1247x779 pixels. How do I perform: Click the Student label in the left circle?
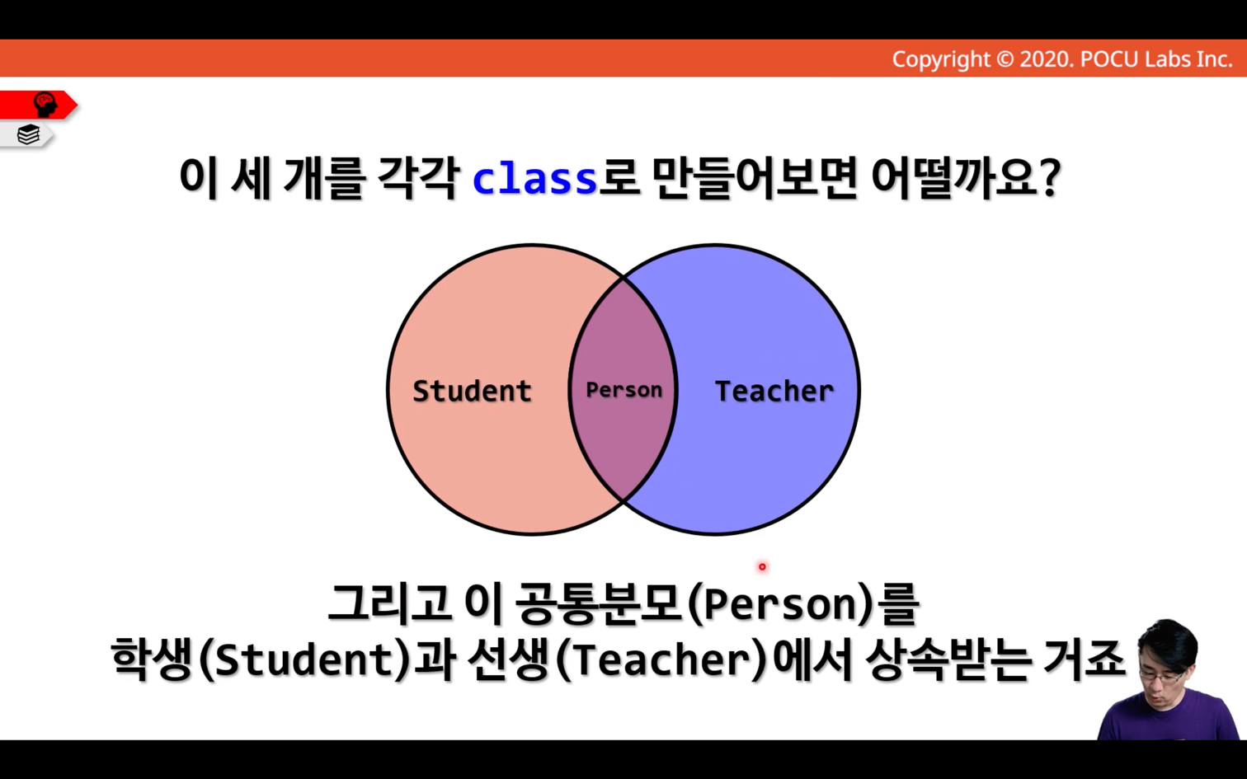point(472,391)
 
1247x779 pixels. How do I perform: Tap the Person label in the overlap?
point(624,389)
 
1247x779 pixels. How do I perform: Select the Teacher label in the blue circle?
point(774,391)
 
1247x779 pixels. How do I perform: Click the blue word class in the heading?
point(535,178)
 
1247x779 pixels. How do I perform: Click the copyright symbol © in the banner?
point(1005,59)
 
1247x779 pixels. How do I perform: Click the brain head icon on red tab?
point(45,105)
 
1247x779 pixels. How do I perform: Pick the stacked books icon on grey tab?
point(28,134)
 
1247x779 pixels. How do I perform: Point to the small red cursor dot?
point(762,566)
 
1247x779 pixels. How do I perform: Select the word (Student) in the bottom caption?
point(304,660)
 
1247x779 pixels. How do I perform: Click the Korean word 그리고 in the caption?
point(388,604)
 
